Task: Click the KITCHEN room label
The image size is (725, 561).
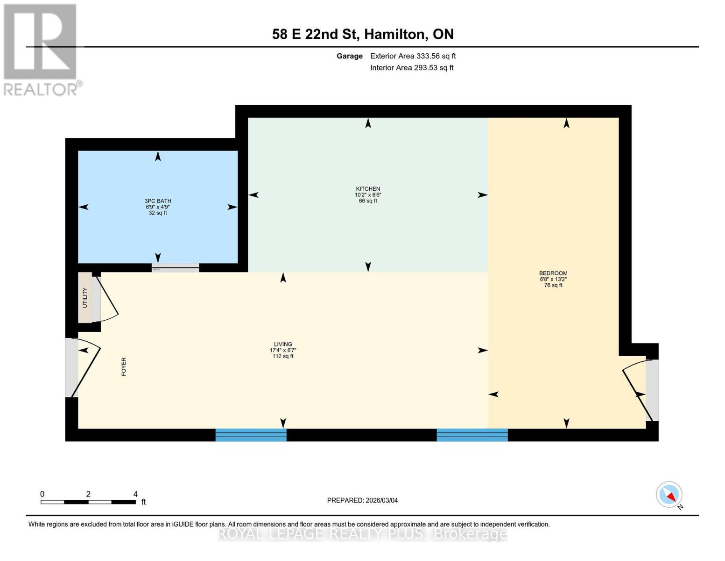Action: click(x=368, y=189)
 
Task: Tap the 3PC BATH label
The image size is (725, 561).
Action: click(x=158, y=201)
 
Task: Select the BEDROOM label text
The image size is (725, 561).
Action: click(x=553, y=273)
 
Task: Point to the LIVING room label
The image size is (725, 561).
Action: click(x=283, y=345)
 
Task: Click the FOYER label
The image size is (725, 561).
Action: click(x=124, y=367)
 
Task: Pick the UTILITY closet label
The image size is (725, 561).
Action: click(x=85, y=298)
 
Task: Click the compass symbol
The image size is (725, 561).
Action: click(x=669, y=495)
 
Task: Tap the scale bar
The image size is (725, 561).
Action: click(x=88, y=502)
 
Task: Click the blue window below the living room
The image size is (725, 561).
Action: click(x=251, y=435)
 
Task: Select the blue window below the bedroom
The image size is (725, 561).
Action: click(x=472, y=435)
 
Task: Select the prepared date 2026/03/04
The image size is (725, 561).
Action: click(x=362, y=500)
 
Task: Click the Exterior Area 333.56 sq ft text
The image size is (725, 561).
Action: click(x=413, y=56)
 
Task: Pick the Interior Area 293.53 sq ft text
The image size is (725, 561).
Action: click(x=412, y=68)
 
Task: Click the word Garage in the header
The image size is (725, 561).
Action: click(x=350, y=56)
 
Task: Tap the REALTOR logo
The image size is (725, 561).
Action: click(x=41, y=49)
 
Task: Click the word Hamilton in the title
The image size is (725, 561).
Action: click(x=394, y=34)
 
